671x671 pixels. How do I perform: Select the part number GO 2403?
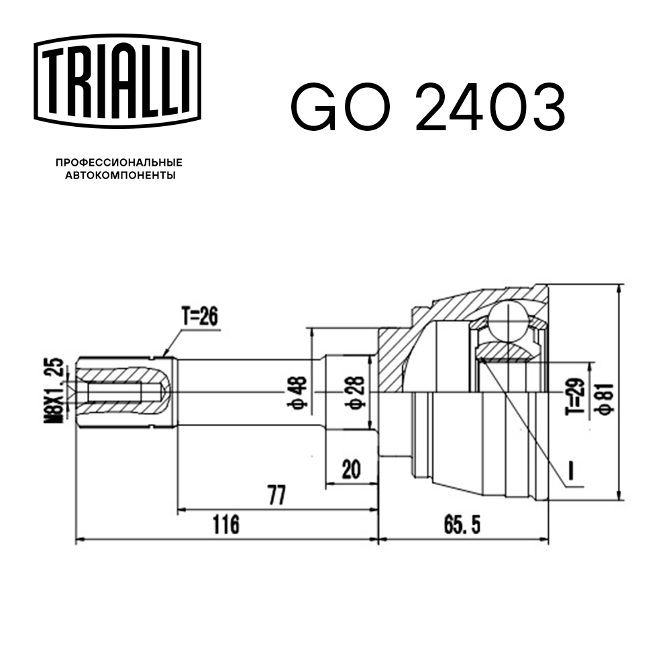tap(427, 107)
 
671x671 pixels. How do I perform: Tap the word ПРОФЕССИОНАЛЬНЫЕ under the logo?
tap(119, 163)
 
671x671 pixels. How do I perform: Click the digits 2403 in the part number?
tap(490, 107)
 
